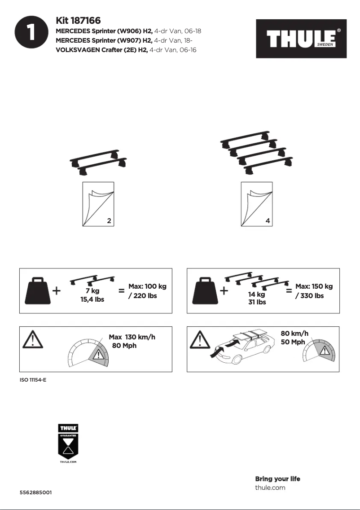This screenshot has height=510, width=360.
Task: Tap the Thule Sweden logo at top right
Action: (301, 39)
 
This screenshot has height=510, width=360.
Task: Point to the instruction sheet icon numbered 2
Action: (98, 204)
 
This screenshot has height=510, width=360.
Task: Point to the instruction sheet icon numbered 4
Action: (256, 204)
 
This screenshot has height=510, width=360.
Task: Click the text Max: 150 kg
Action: (314, 286)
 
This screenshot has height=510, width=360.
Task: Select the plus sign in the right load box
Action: (224, 291)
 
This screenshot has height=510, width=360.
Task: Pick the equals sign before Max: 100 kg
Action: (121, 291)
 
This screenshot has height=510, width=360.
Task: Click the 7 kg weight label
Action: (92, 291)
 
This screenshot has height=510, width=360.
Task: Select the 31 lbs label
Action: (257, 302)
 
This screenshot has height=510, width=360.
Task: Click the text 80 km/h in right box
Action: (294, 334)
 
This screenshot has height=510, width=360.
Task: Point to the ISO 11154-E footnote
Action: (33, 380)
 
